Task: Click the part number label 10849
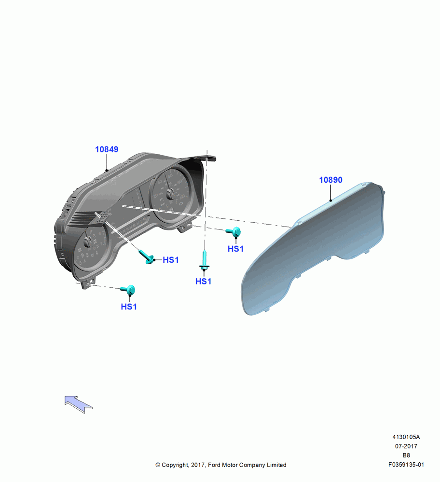coord(107,149)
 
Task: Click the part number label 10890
coord(330,180)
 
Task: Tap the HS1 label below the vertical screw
coord(204,281)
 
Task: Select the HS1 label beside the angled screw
coord(171,260)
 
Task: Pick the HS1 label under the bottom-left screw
coord(129,307)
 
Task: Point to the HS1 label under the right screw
coord(236,249)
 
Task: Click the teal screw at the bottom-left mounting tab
coord(128,289)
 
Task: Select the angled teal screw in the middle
coord(147,257)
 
